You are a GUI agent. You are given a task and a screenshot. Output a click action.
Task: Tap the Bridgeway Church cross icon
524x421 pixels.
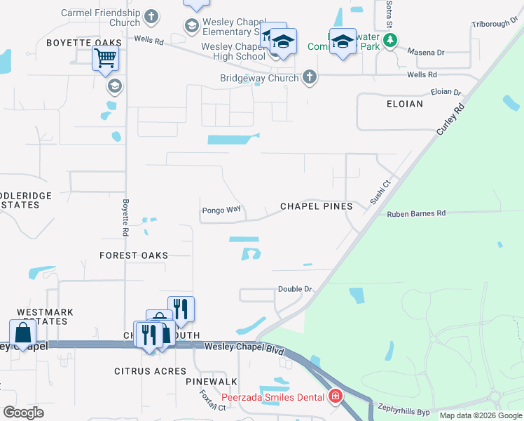[x=309, y=78]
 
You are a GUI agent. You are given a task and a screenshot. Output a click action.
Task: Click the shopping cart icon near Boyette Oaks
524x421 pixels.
[x=105, y=60]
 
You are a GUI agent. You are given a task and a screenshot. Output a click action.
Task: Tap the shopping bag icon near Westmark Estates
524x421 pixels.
[x=22, y=333]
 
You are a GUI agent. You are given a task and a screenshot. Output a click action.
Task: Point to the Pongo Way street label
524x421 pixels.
[x=221, y=210]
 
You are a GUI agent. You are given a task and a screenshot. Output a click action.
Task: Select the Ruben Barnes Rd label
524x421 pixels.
[x=416, y=213]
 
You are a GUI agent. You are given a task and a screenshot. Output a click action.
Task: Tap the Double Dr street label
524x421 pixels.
[x=294, y=289]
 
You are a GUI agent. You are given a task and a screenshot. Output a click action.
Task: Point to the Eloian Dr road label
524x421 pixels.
[x=446, y=92]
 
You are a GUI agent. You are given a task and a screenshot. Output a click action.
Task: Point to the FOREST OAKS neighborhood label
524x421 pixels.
[x=134, y=255]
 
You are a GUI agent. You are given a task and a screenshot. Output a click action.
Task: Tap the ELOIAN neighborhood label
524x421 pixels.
[x=404, y=104]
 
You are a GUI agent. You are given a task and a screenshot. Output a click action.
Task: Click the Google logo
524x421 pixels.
[x=24, y=413]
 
